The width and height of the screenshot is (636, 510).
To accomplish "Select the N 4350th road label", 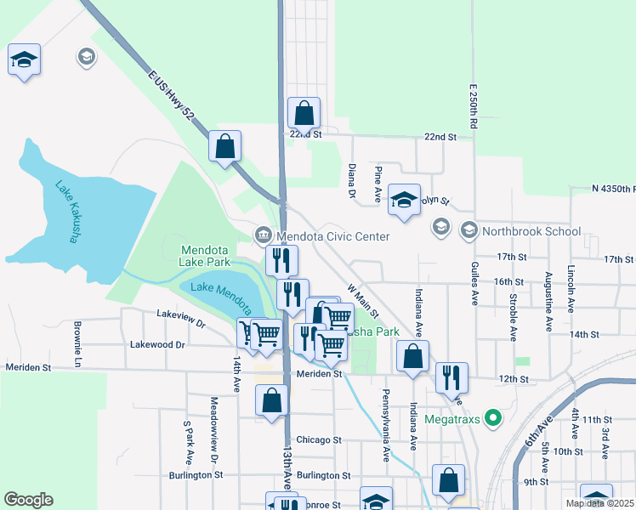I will (x=614, y=188).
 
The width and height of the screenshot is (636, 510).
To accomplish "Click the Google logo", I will (x=28, y=500).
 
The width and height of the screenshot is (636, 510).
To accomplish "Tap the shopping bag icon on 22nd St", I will (x=304, y=113).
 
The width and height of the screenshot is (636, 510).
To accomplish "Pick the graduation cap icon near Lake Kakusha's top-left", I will (x=25, y=59).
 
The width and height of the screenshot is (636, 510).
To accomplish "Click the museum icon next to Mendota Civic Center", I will (x=264, y=235).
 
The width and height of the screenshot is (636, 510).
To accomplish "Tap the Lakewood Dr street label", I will (x=157, y=344).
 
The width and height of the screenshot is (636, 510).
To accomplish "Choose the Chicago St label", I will (x=319, y=440).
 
